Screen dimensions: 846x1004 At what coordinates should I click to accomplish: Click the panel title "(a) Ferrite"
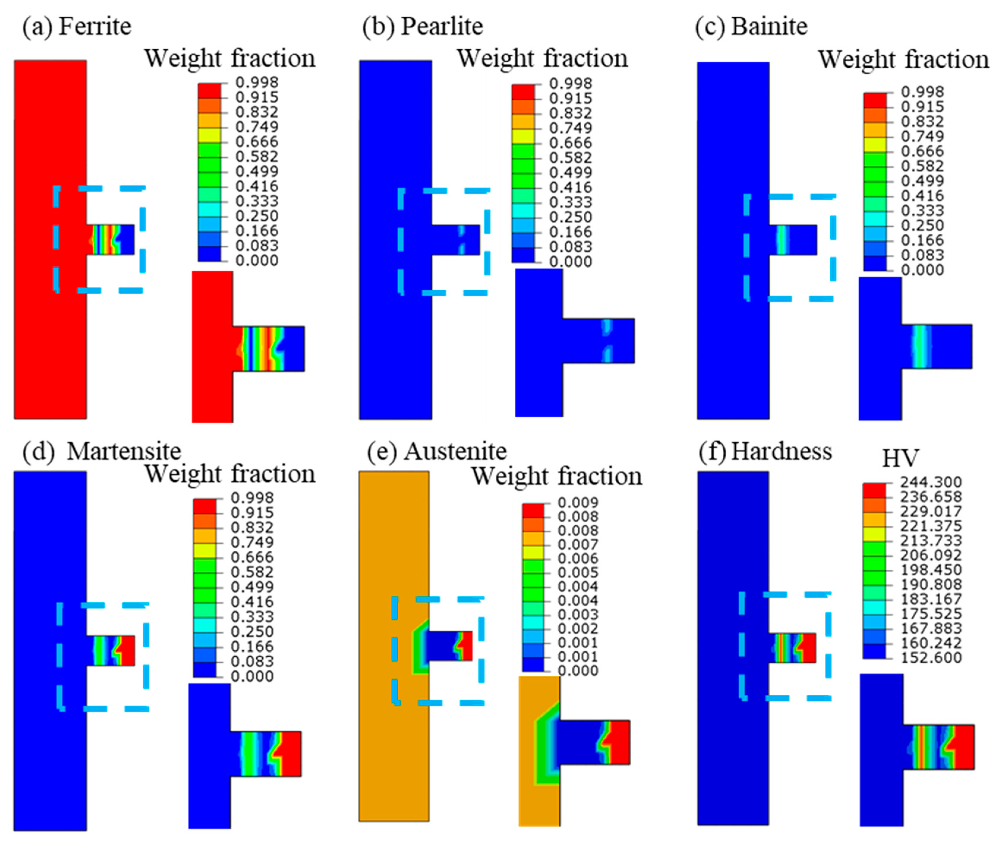[76, 26]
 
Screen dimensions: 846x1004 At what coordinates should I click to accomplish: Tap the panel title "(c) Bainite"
[751, 26]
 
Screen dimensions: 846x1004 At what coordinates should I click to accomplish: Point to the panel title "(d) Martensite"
[102, 451]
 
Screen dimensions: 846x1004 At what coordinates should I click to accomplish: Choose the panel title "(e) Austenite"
[437, 451]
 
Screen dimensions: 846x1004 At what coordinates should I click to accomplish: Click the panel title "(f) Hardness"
[765, 451]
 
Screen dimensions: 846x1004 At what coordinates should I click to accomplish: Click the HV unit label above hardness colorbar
[900, 458]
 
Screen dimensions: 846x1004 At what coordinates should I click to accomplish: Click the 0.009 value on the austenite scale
[578, 503]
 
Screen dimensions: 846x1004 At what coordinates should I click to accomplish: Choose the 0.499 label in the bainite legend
[922, 181]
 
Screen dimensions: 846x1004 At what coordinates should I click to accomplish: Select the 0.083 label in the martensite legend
[252, 661]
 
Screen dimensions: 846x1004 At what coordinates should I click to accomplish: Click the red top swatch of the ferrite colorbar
[209, 90]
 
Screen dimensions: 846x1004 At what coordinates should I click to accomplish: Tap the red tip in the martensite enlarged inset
[291, 753]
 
